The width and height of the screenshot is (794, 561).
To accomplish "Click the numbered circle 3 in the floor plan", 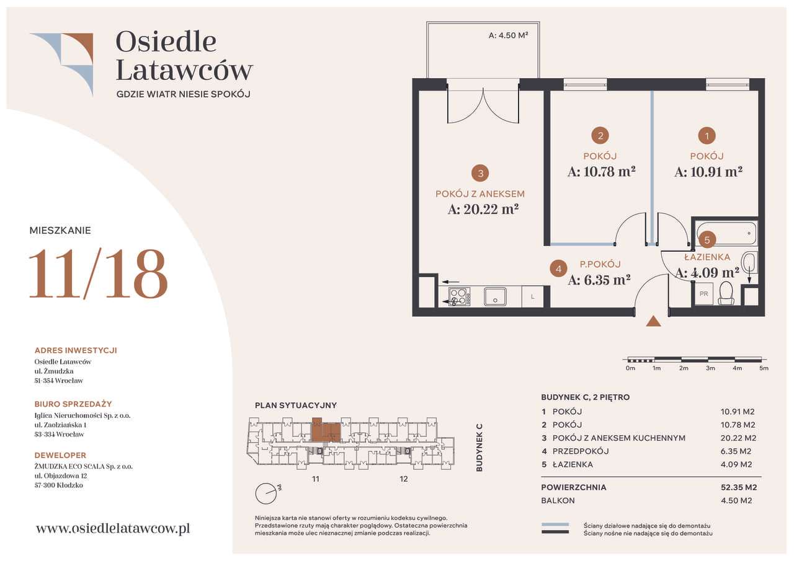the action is pyautogui.click(x=480, y=173).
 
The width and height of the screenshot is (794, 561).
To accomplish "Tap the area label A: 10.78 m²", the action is pyautogui.click(x=601, y=172).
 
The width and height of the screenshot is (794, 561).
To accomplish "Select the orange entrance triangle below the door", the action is pyautogui.click(x=653, y=321).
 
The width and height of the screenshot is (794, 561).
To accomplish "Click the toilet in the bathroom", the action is pyautogui.click(x=726, y=293).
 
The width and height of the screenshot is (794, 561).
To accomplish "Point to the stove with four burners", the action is pyautogui.click(x=460, y=297).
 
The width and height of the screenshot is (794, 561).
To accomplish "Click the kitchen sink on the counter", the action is pyautogui.click(x=495, y=297).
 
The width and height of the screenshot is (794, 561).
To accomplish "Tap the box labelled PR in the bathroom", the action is pyautogui.click(x=703, y=294).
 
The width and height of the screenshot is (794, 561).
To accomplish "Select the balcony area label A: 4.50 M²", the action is pyautogui.click(x=508, y=35).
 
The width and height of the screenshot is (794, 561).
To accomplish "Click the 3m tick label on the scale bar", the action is pyautogui.click(x=710, y=368).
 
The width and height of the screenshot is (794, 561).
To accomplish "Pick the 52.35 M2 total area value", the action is pyautogui.click(x=739, y=487).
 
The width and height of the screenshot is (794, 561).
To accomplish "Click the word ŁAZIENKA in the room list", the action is pyautogui.click(x=573, y=464).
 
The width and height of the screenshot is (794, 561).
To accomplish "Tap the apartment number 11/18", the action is pyautogui.click(x=98, y=273).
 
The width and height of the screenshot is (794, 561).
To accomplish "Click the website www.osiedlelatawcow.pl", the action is pyautogui.click(x=113, y=528).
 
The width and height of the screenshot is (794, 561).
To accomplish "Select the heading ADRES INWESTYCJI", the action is pyautogui.click(x=76, y=350).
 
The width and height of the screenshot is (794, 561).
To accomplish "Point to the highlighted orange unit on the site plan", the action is pyautogui.click(x=326, y=430).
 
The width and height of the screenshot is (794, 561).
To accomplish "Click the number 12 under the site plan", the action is pyautogui.click(x=404, y=479).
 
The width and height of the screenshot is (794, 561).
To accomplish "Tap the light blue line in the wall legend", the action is pyautogui.click(x=555, y=525).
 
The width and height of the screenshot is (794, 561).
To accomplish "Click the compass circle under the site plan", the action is pyautogui.click(x=265, y=493).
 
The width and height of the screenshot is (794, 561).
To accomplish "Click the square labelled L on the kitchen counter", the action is pyautogui.click(x=532, y=297).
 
